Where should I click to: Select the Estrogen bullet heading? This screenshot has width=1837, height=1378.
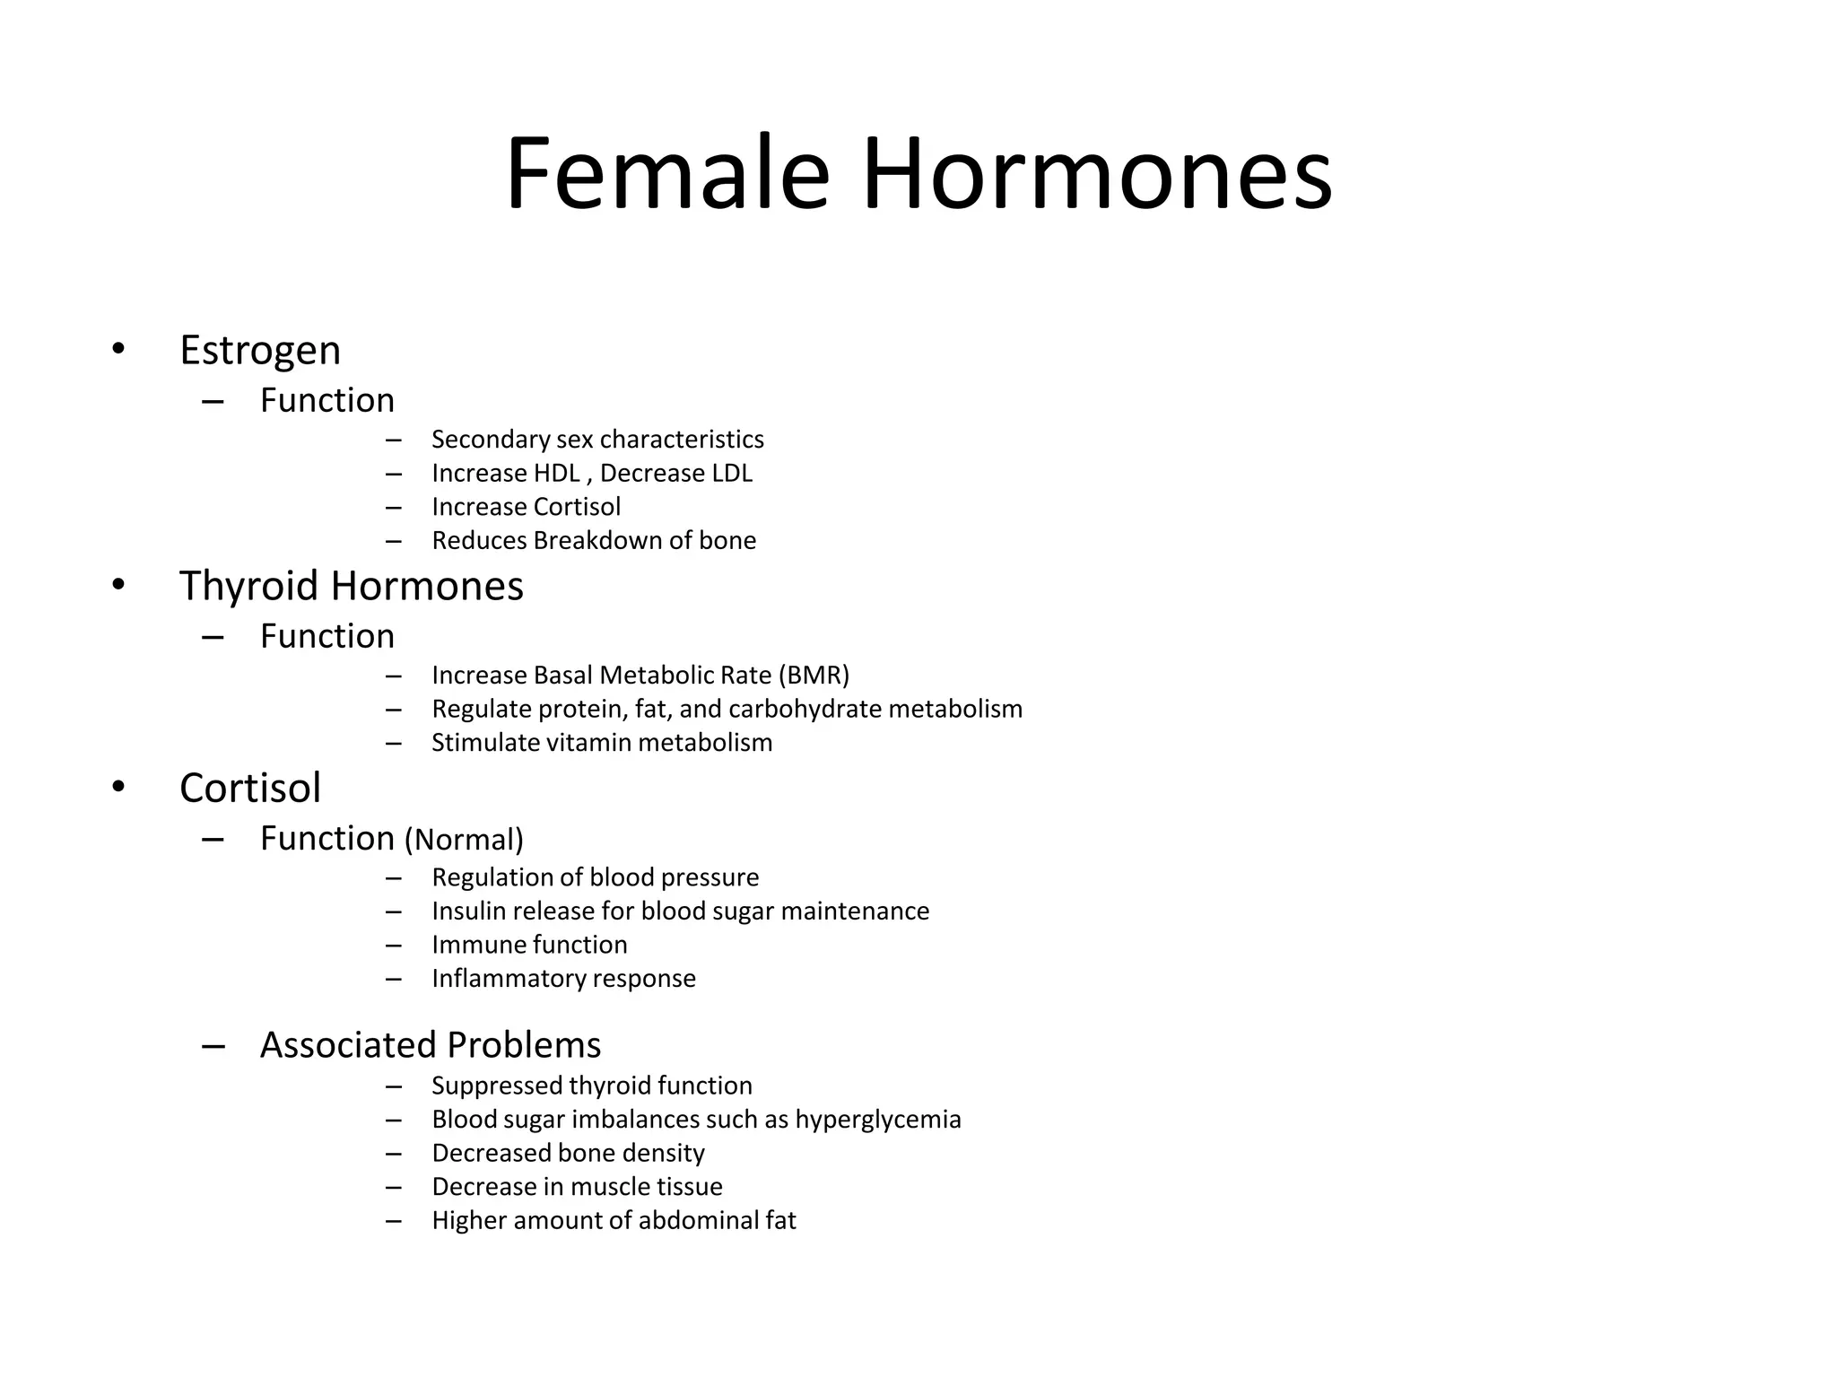coord(260,350)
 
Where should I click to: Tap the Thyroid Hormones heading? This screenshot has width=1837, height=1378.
coord(351,586)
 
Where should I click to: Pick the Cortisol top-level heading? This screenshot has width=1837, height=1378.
coord(249,788)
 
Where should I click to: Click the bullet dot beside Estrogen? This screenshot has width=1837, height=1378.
coord(118,349)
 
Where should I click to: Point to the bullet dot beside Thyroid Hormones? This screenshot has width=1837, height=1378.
coord(118,585)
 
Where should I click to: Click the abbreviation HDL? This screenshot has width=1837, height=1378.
coord(557,473)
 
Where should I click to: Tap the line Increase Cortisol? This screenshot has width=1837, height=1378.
coord(526,507)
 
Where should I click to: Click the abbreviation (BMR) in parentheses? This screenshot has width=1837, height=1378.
coord(814,675)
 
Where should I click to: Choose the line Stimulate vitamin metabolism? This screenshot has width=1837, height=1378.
coord(601,743)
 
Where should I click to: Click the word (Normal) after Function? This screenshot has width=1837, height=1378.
coord(464,840)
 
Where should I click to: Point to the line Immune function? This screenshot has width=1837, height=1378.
coord(529,945)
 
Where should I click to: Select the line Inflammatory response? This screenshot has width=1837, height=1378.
coord(563,978)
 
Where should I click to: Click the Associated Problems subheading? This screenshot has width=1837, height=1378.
coord(431,1045)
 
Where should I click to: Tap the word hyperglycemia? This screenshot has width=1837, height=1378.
coord(877,1120)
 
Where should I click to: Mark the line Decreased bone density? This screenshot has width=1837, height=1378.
coord(568,1153)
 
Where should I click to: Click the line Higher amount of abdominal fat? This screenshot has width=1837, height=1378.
coord(614,1220)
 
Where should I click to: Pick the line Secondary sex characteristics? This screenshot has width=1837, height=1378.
coord(597,440)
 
